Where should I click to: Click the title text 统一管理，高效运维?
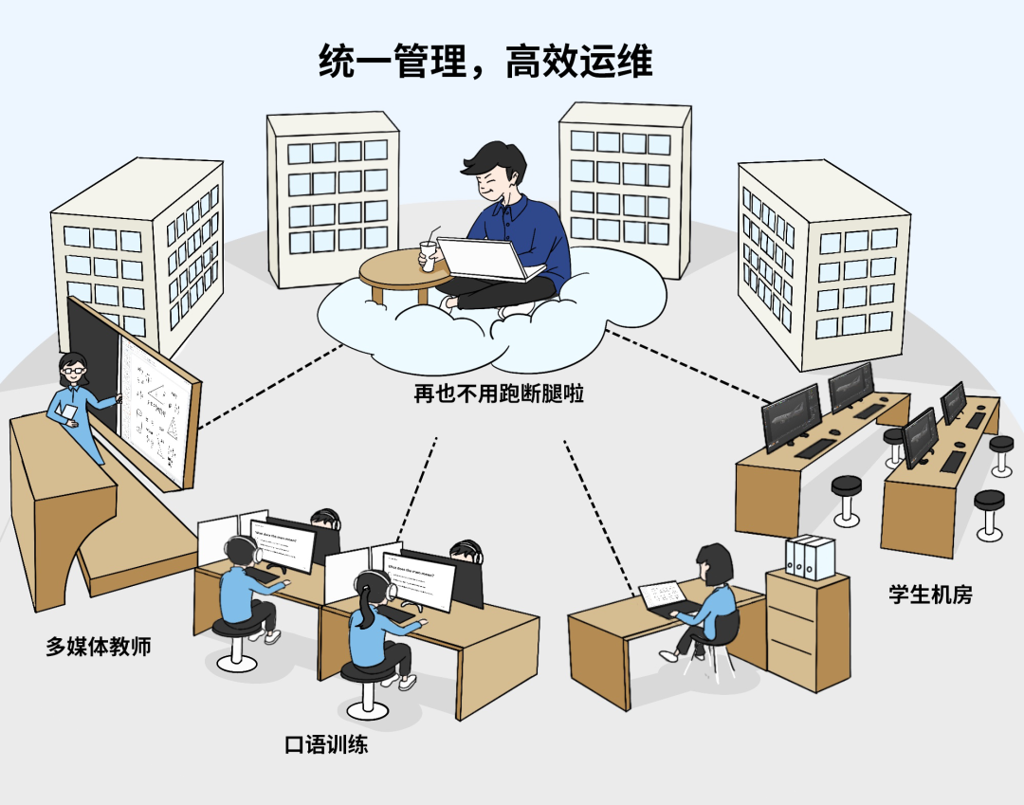click(485, 64)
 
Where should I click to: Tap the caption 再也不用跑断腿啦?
click(499, 393)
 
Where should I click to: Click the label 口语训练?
click(326, 744)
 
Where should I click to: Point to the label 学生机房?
click(930, 595)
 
